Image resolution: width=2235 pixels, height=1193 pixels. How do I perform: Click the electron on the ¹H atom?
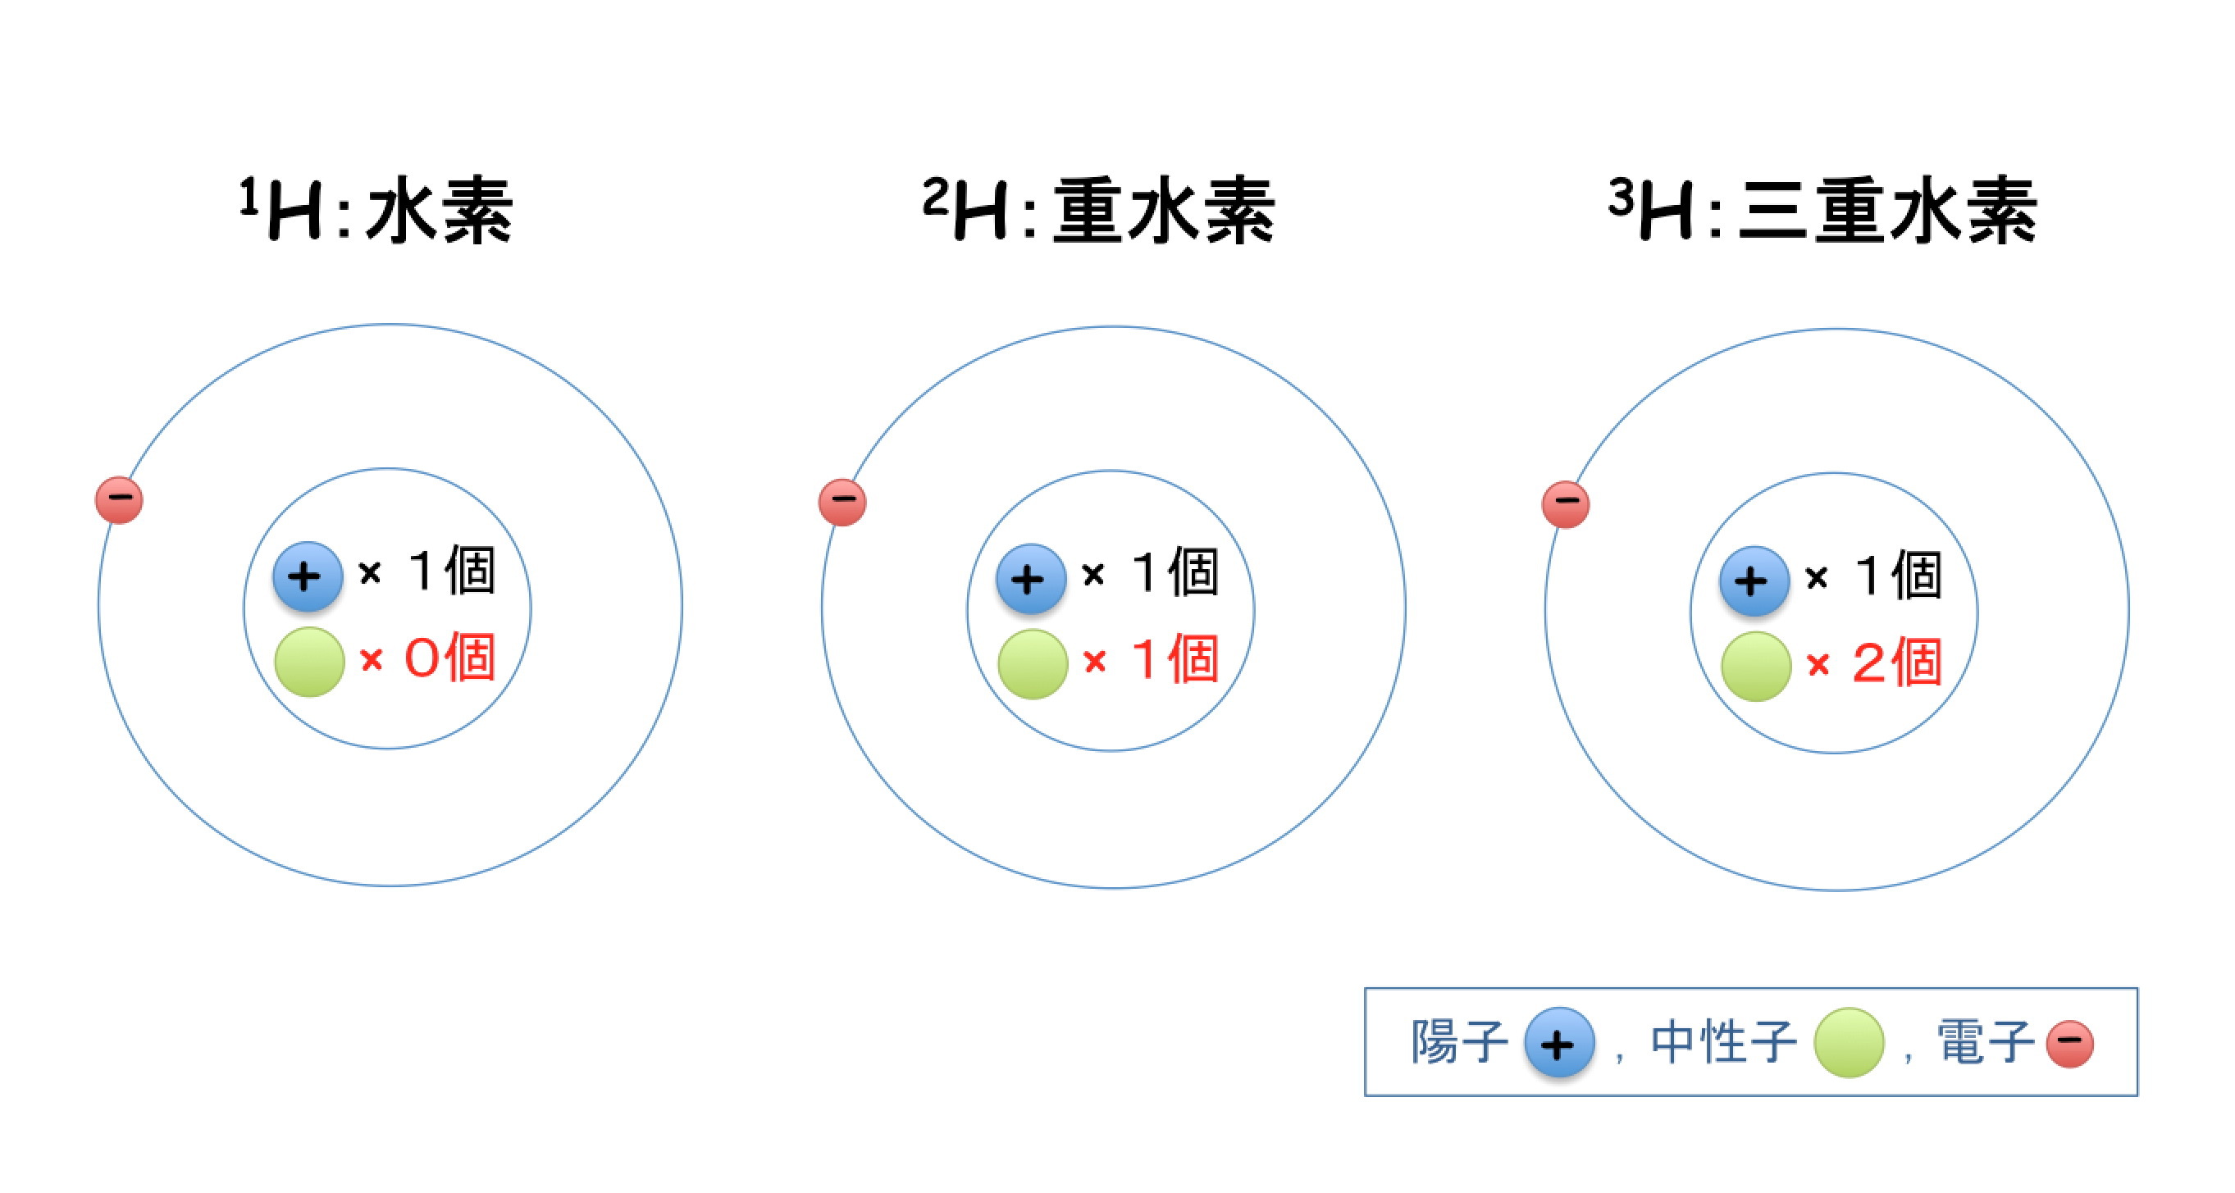(119, 500)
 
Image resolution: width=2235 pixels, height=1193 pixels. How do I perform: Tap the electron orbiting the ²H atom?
(842, 502)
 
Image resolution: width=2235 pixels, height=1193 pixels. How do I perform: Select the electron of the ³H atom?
(1565, 504)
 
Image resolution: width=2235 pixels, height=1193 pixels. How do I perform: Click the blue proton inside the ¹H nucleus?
(307, 577)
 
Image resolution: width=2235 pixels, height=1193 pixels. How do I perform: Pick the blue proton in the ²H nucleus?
(1031, 579)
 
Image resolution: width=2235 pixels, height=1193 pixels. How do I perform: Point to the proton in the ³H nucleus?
(1754, 581)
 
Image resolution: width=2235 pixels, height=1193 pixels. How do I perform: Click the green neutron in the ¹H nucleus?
(309, 661)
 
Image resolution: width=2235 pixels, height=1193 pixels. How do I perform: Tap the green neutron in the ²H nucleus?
(1033, 664)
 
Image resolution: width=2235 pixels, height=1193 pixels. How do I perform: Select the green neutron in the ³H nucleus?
(1756, 666)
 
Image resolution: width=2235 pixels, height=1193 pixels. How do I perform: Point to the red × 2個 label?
(1874, 663)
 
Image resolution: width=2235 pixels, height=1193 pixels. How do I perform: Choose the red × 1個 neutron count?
(1151, 659)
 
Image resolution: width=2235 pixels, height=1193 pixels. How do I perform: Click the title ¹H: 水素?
(376, 210)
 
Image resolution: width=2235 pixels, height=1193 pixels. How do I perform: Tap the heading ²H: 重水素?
(1098, 210)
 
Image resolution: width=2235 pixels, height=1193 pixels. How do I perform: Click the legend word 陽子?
(1458, 1041)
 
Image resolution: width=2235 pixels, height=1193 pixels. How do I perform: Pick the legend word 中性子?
(1723, 1041)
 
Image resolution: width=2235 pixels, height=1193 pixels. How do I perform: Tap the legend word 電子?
(1985, 1041)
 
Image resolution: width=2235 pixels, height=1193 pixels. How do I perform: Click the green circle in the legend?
(1849, 1042)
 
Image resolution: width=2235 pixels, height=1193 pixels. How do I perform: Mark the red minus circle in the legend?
(2070, 1044)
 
